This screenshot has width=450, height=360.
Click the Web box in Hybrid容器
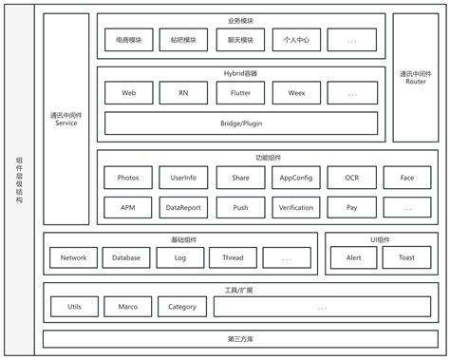pos(128,93)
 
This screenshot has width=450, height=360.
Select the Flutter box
pos(240,93)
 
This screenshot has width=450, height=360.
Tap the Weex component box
pos(296,93)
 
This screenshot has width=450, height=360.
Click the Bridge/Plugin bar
pos(240,123)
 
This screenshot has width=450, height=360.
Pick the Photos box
pos(128,178)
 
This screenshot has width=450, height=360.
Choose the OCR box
pos(352,178)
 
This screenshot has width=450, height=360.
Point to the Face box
pos(406,178)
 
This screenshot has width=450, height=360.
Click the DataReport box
pos(183,206)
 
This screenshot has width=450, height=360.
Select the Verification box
pos(296,206)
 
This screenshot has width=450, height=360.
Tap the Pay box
pos(352,206)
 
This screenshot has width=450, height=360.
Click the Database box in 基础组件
pos(126,257)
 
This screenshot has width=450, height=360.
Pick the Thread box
pos(233,257)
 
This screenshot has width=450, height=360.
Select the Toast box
pos(406,257)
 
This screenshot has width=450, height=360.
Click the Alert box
pos(353,257)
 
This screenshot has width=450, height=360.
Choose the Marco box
pos(128,307)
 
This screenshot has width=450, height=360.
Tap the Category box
pos(182,307)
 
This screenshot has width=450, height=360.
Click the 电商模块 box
pos(128,41)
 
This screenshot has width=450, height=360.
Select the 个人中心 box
pos(296,41)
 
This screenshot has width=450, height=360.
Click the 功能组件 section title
pos(240,158)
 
